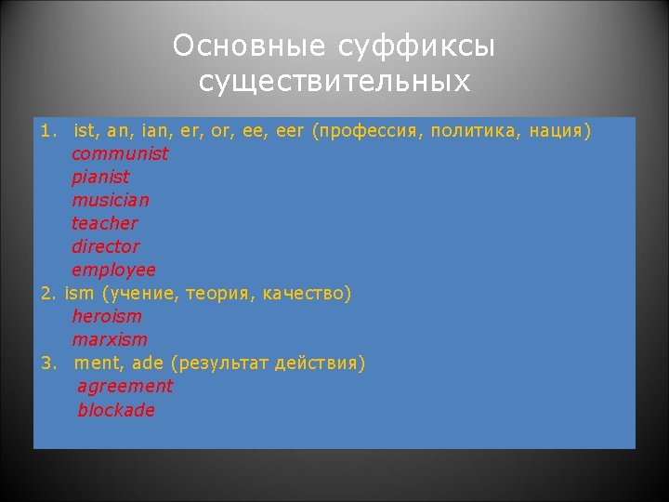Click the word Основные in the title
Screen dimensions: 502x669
click(249, 46)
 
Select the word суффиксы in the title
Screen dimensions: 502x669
click(416, 46)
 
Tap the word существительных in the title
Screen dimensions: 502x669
click(334, 82)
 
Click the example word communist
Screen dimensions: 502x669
click(120, 153)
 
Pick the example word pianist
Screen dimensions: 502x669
click(100, 177)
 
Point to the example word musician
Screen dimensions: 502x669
click(110, 200)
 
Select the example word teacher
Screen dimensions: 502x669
click(104, 223)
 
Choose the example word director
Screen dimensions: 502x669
click(105, 246)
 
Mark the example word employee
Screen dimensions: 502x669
click(113, 270)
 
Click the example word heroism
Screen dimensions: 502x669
click(107, 316)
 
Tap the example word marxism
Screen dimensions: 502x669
click(109, 339)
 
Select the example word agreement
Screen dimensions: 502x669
click(125, 386)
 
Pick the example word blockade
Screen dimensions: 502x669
click(115, 409)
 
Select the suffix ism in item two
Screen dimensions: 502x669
click(79, 294)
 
